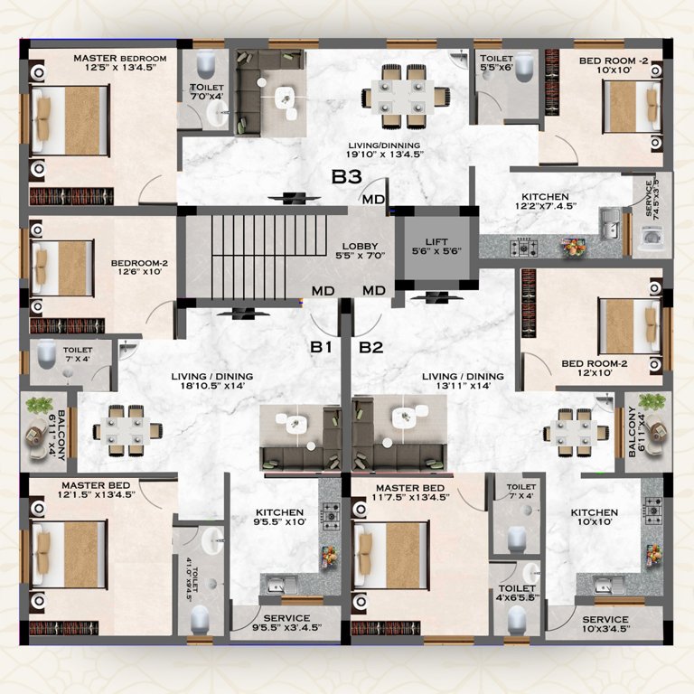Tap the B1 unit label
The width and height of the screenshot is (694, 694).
click(323, 347)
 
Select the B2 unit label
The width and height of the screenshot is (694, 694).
click(371, 347)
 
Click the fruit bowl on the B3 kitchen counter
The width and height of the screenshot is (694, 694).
click(573, 247)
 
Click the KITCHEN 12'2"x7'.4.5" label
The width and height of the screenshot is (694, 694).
click(544, 202)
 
